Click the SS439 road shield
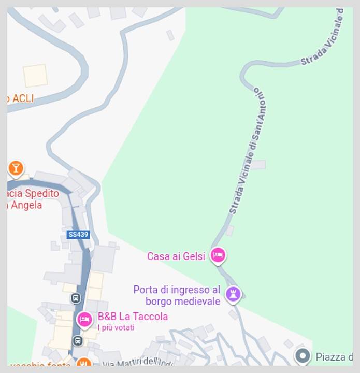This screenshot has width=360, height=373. [x=78, y=235]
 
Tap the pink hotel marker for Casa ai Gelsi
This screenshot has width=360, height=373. [x=218, y=255]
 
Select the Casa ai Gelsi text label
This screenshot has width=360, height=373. [x=176, y=256]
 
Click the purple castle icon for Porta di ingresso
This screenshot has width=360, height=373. [x=234, y=295]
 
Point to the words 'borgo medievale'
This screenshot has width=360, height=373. [x=179, y=301]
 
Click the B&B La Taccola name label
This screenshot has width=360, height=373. [x=133, y=317]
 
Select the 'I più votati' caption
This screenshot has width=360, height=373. [x=116, y=327]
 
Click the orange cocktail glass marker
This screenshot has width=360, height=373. [x=16, y=168]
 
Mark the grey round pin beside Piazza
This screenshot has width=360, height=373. [x=303, y=356]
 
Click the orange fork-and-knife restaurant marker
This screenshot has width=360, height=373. [x=83, y=365]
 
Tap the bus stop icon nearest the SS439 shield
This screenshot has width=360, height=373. [x=76, y=298]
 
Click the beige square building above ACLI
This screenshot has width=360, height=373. [x=35, y=76]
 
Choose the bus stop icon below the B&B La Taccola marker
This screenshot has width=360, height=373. [x=77, y=340]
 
